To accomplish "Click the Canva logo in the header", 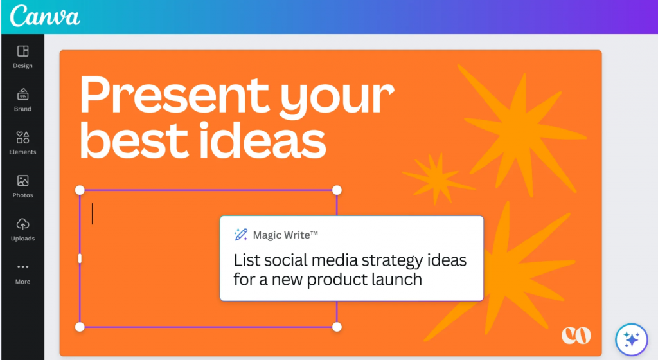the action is [44, 16].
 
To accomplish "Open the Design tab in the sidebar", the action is [22, 51].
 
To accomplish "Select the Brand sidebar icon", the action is [22, 94].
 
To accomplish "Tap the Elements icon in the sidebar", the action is [22, 137].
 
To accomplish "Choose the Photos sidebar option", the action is [22, 181].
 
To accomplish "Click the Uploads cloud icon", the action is [22, 224].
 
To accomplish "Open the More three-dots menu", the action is [22, 267].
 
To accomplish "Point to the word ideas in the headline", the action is [262, 139].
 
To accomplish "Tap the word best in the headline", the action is [134, 139].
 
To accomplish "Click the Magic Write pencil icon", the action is [241, 235].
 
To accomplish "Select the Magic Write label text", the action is [285, 235].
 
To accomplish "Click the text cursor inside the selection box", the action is [93, 213].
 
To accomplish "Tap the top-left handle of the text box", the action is [80, 190].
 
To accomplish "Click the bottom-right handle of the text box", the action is [337, 327].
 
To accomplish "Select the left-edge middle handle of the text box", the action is [80, 258].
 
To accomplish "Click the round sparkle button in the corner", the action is [632, 339].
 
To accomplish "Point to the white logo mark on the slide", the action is [576, 335].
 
